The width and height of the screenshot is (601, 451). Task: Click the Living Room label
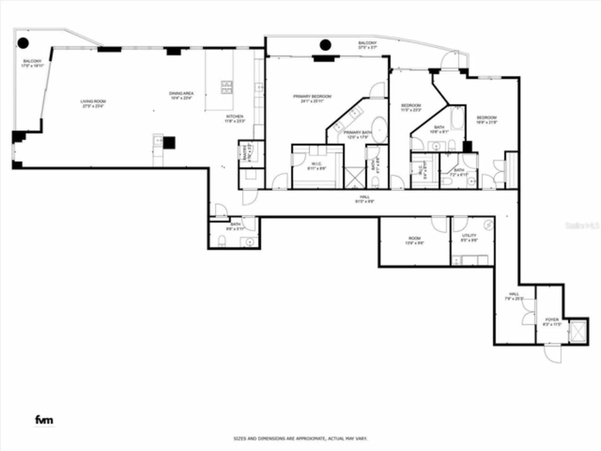point(92,103)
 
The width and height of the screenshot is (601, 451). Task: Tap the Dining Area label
point(181,95)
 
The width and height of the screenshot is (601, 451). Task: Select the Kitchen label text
point(235,118)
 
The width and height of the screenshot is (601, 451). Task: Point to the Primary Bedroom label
point(312,98)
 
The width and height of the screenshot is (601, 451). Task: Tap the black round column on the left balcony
point(23,43)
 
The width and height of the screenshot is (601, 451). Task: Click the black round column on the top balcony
point(325,45)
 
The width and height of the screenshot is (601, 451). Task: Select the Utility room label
point(469,237)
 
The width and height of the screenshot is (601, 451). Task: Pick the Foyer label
point(552,322)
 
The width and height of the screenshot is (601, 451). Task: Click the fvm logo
point(44,420)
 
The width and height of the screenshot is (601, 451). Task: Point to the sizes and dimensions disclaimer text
point(300,439)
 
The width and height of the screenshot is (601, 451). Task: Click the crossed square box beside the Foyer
point(578,332)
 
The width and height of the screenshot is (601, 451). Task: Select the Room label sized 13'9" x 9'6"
point(414,241)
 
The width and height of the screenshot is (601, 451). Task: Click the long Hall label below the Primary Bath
point(365,199)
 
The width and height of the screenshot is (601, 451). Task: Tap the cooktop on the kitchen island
point(227,87)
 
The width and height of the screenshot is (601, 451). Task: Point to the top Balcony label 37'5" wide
point(368,45)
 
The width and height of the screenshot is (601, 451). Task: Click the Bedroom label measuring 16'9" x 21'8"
point(486,120)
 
